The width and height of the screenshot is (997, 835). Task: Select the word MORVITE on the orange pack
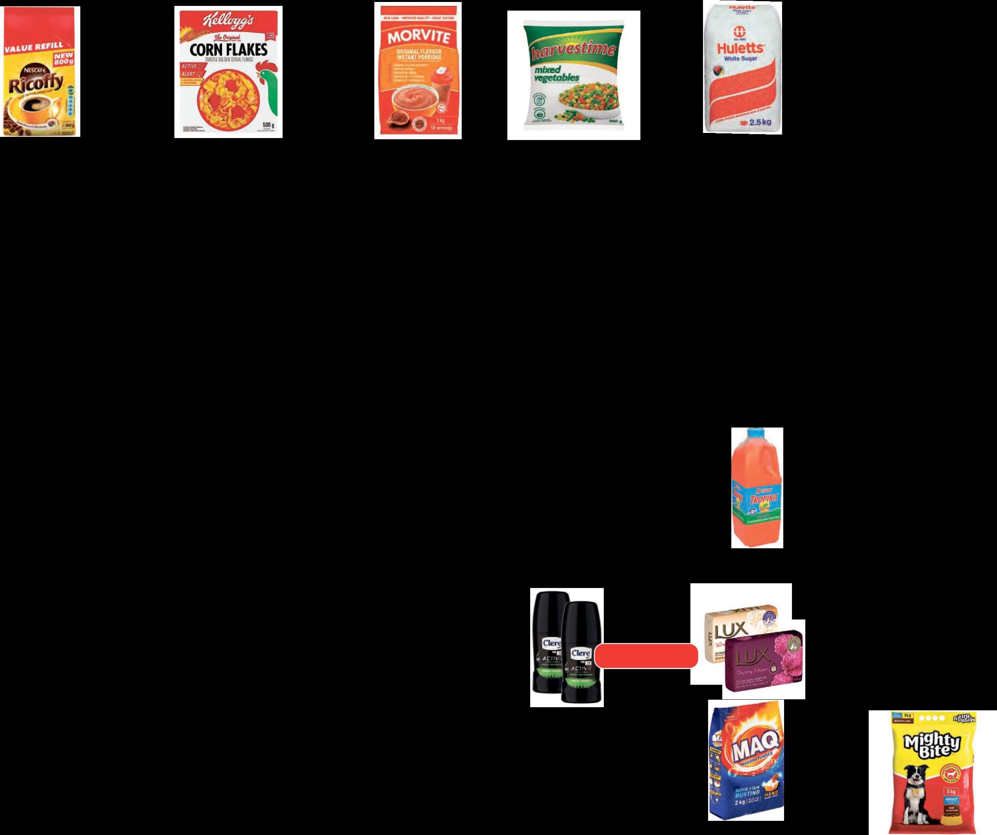point(418,37)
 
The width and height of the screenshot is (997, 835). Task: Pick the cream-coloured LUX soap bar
point(731,626)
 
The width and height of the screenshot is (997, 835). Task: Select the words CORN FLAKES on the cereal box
point(228,49)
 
